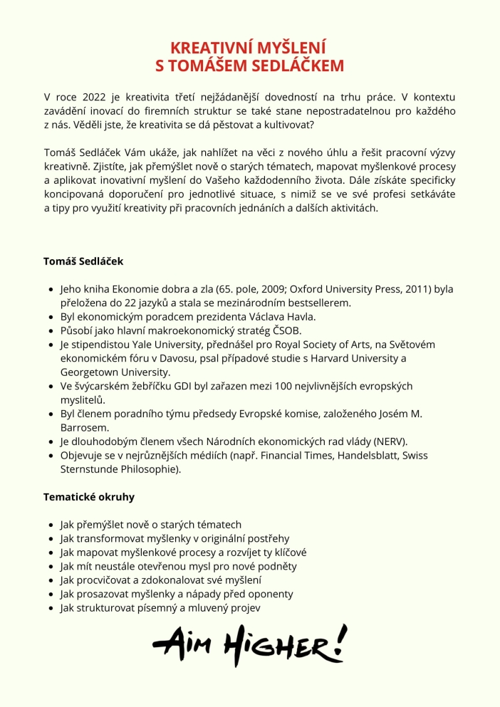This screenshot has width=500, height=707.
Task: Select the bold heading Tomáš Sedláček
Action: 83,261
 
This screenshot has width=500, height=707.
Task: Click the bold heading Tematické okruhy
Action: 89,497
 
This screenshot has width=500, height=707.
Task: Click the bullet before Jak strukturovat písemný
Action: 51,607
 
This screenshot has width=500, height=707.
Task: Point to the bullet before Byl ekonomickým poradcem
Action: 51,317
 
